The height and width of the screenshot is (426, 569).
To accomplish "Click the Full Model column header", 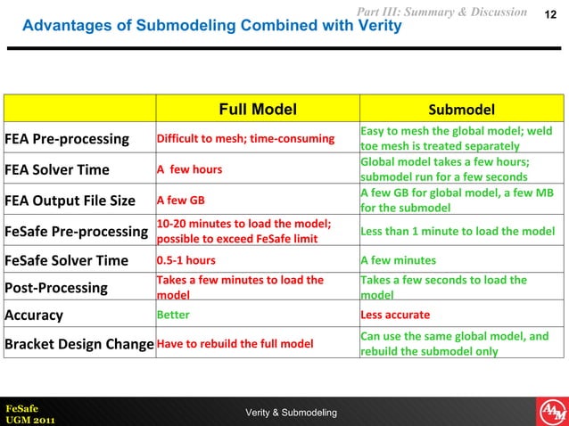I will (x=258, y=110).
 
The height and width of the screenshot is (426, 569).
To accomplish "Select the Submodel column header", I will (x=461, y=111).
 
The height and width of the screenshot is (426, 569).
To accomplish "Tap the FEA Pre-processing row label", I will (x=68, y=139).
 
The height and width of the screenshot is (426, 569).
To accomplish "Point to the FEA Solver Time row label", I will (x=58, y=169).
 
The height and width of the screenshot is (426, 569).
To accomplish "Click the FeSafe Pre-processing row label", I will (x=77, y=231).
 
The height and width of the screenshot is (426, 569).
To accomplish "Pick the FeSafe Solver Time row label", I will (x=66, y=261).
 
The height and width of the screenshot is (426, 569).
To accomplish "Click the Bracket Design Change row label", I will (x=79, y=344).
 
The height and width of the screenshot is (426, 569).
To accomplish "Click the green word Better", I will (x=173, y=315).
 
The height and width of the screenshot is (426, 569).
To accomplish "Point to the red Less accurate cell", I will (x=395, y=315).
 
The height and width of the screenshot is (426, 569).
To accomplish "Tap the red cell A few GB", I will (x=180, y=201).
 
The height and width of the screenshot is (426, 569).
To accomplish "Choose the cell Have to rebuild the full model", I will (x=233, y=344).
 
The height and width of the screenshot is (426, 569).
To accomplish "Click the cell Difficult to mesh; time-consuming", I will (x=245, y=139).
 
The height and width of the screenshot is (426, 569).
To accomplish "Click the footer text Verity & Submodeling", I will (x=291, y=412).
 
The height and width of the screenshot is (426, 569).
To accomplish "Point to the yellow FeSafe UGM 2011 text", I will (x=29, y=414).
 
